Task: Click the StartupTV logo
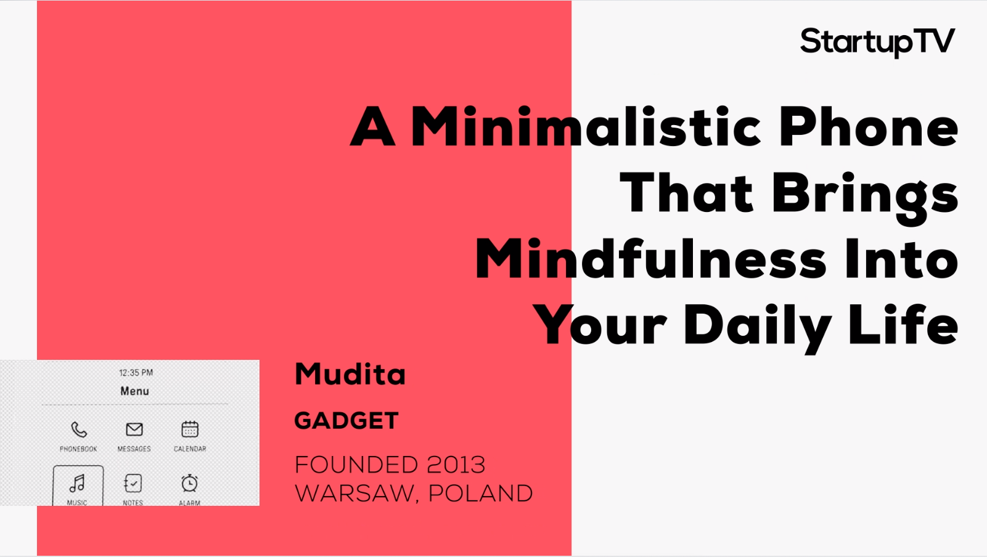877,42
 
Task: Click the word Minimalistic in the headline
586,126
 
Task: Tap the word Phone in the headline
869,126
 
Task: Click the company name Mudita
350,374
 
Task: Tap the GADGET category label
346,420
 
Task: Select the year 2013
456,465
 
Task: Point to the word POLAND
481,493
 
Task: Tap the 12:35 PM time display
136,373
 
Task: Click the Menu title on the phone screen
135,391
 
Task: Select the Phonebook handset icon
79,429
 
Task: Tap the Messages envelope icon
134,429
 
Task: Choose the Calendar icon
190,429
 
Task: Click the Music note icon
77,484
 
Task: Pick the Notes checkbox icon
133,483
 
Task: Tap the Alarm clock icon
189,483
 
